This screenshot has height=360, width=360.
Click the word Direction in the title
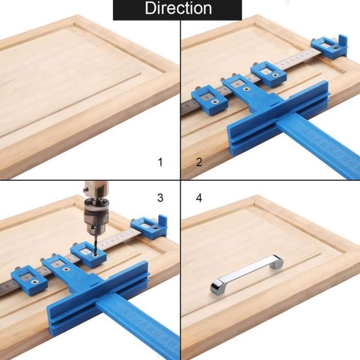pos(178,8)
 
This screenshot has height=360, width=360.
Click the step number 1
pos(160,163)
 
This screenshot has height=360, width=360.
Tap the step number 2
pos(200,163)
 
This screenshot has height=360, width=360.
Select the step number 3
pos(160,197)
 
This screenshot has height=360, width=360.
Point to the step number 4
pos(200,197)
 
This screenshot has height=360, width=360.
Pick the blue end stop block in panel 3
pos(149,227)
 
